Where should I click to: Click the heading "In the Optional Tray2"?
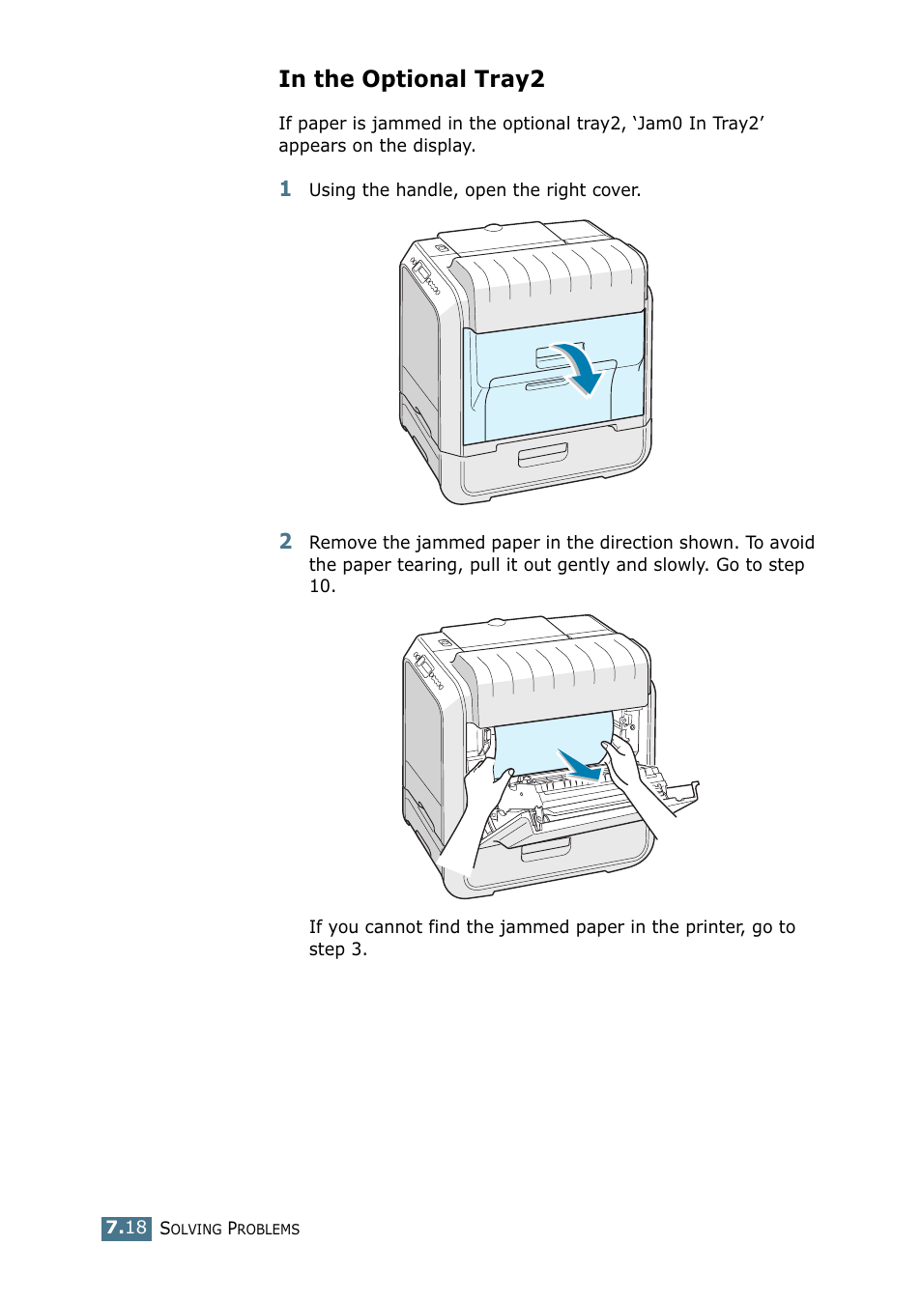411,79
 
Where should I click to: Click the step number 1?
285,188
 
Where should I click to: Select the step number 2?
285,541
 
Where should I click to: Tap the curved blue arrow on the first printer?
579,369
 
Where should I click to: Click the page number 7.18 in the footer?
127,1228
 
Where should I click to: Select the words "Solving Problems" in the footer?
229,1229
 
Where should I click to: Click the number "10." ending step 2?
322,586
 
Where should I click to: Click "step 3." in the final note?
337,949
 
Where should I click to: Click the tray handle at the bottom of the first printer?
542,455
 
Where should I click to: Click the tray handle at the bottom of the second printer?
546,849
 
